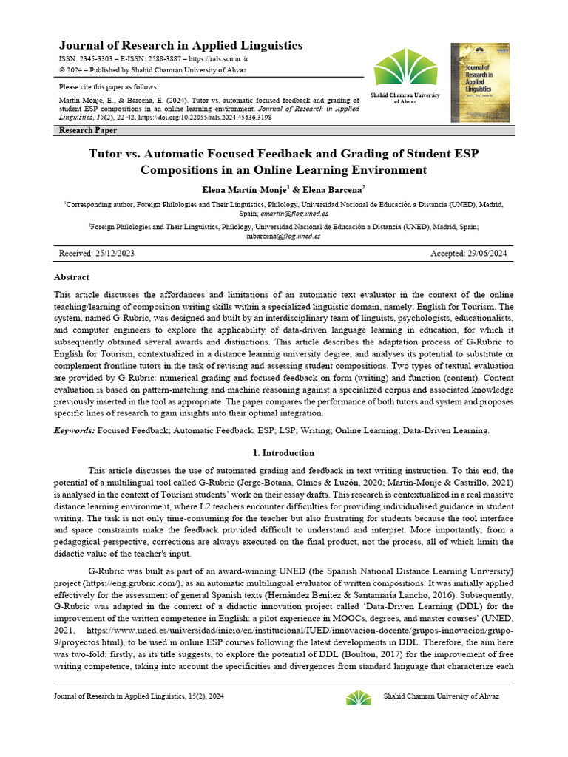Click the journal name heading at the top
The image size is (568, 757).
click(180, 45)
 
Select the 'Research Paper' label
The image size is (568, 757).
click(88, 130)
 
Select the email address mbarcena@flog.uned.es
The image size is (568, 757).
click(283, 237)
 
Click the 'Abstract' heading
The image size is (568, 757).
click(72, 277)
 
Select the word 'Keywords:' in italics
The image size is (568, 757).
click(75, 430)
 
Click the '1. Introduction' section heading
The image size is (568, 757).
click(283, 452)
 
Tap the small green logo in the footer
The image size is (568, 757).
click(359, 697)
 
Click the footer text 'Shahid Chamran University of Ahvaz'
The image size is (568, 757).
click(441, 696)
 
